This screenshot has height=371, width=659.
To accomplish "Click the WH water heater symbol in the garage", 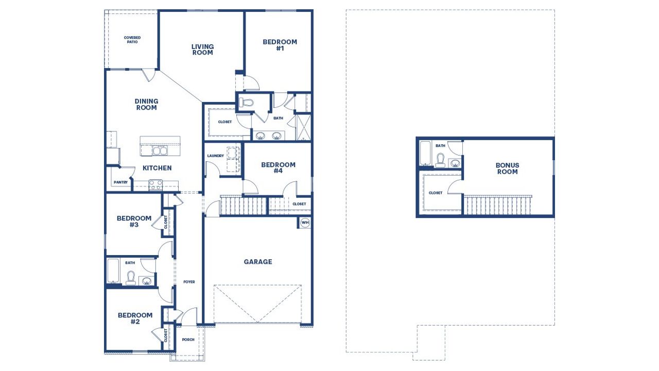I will tap(305, 223).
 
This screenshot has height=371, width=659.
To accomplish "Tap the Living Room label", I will tap(202, 49).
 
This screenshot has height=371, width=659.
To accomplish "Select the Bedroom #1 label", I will tap(280, 45).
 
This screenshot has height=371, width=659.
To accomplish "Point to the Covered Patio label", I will tap(132, 40).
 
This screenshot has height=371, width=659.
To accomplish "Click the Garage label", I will tap(258, 262).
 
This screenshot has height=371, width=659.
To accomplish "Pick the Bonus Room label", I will tap(507, 168).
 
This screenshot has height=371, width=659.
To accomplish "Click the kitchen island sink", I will tap(160, 150).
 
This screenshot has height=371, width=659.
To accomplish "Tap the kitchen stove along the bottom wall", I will tap(155, 184).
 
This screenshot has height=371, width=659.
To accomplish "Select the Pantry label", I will tap(120, 182).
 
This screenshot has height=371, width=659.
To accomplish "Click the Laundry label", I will tap(215, 156).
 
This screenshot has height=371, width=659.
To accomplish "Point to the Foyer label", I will tap(189, 282).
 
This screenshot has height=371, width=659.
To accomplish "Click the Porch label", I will tap(188, 340).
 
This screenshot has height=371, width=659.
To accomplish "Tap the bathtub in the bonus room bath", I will tap(425, 154).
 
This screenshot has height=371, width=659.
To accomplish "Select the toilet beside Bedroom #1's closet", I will tap(247, 103).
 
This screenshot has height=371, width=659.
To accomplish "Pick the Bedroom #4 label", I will tap(278, 168).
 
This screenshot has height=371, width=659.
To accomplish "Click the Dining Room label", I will tap(146, 105).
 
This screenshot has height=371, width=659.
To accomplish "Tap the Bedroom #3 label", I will tap(134, 222).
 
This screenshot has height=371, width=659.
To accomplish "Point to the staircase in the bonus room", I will tap(497, 205).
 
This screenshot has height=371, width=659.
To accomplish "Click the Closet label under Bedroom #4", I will tap(299, 204).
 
